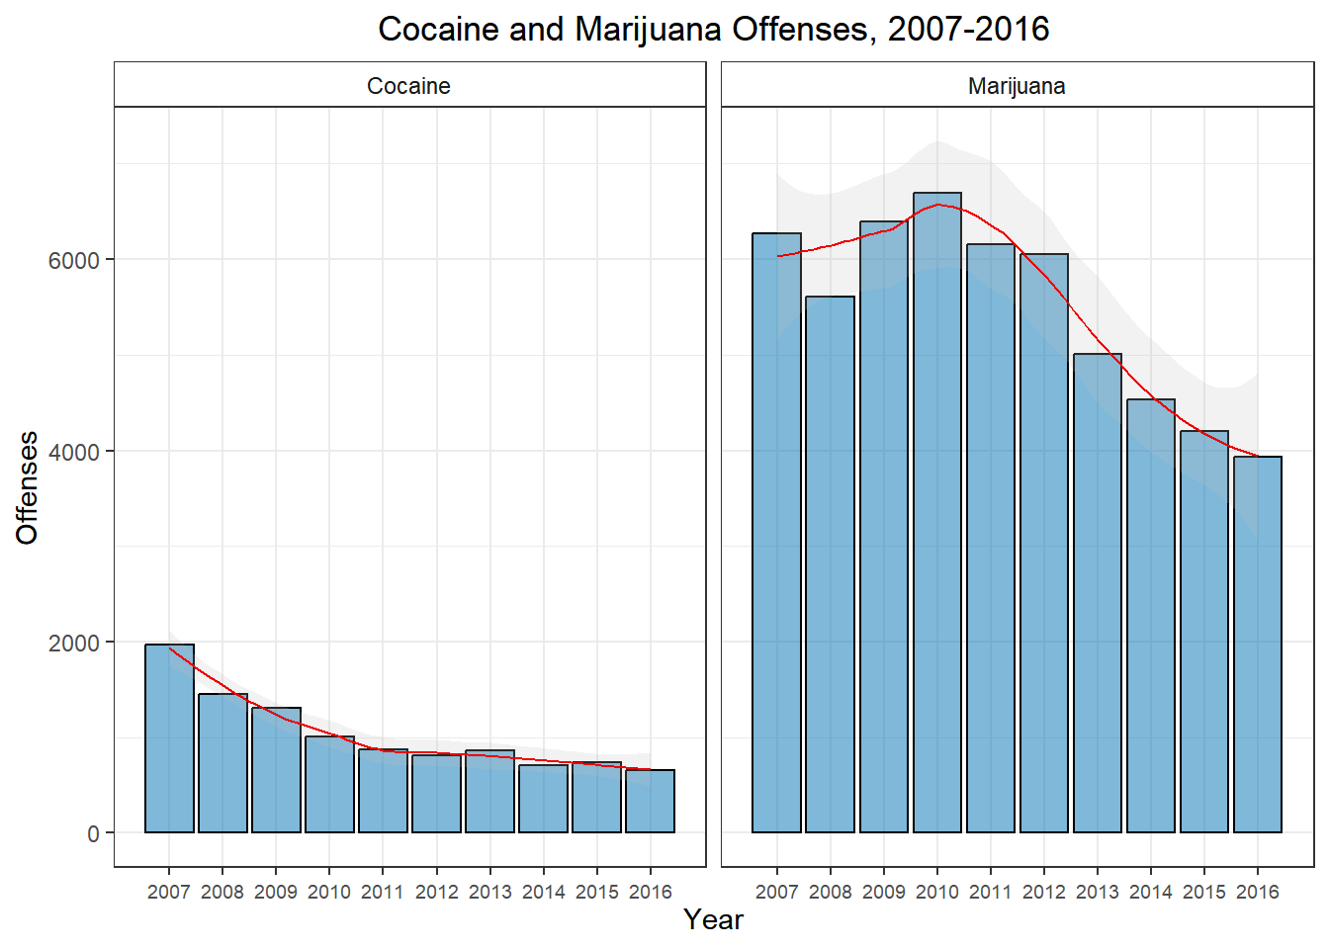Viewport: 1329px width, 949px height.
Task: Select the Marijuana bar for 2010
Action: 937,513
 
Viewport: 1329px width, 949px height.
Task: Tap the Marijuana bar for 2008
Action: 830,564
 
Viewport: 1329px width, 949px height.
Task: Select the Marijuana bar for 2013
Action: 1098,593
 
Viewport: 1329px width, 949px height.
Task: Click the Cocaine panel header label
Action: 408,86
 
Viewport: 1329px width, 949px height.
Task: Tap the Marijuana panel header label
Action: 1017,86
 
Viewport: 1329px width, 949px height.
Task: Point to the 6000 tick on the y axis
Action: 74,260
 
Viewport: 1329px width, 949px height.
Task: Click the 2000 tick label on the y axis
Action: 74,643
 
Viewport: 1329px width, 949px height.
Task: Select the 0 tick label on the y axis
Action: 93,833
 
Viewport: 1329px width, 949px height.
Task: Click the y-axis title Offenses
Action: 28,487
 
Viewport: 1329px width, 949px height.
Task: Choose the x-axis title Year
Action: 713,919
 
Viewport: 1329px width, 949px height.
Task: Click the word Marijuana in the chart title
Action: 648,29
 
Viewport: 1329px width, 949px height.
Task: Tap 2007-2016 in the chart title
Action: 968,29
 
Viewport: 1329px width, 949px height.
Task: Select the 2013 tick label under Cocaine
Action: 489,892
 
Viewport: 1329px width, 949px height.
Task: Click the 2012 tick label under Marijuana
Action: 1044,892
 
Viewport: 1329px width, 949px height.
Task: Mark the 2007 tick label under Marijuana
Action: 777,892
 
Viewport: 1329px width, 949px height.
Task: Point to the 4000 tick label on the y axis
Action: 74,452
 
